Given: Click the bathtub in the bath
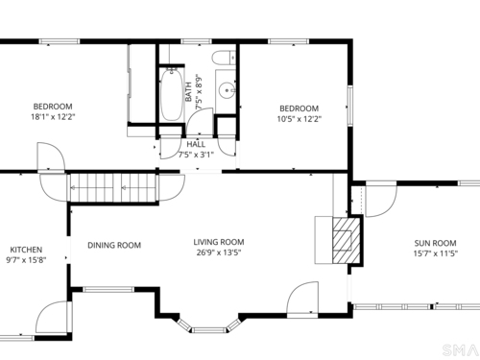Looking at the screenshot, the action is (172, 95).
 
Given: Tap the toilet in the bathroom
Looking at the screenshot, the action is (224, 58).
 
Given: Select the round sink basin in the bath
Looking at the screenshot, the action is (228, 90).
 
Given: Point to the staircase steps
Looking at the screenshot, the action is (112, 187).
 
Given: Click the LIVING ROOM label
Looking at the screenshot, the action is (219, 242).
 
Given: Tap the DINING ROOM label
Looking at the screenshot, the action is (114, 246).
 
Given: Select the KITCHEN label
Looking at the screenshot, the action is (26, 250).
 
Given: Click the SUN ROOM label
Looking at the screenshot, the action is (435, 243).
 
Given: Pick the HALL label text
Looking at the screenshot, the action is (196, 144).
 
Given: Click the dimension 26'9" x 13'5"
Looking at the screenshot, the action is (219, 252).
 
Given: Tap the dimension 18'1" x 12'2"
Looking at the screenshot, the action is (53, 117).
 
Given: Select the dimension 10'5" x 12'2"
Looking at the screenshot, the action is (300, 119).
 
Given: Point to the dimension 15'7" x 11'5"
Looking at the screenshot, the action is (436, 253).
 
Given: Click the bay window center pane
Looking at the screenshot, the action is (209, 330).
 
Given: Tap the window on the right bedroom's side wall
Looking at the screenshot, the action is (350, 106).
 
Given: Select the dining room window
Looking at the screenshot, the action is (108, 289).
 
